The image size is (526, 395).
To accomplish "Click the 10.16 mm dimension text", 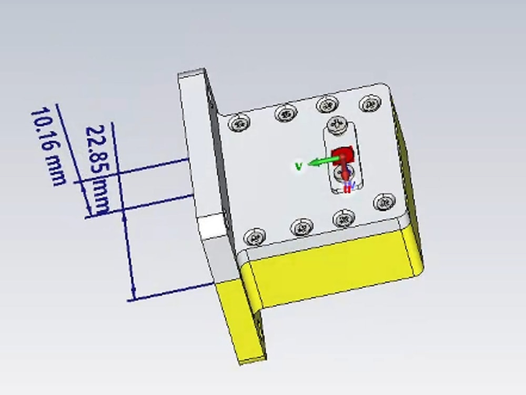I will tap(48, 146).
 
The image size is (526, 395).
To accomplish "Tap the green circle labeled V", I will tap(299, 166).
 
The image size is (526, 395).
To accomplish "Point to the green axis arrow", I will tap(321, 161).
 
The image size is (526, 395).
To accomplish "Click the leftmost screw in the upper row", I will tap(239, 123).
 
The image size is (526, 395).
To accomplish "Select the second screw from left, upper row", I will tap(286, 113).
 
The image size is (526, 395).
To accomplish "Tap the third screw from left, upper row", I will tap(327, 105).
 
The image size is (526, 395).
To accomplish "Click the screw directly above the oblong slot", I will tap(336, 124).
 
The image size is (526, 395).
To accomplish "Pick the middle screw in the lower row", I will tap(301, 228).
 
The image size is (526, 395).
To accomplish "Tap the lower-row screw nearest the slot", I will tap(343, 218).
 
